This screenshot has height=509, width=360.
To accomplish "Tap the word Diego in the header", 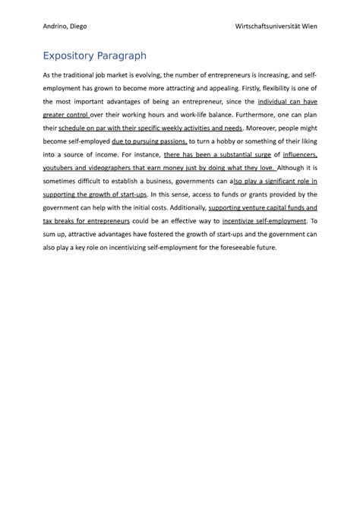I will (78, 26).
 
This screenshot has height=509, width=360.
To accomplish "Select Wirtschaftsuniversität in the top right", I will (270, 26).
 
